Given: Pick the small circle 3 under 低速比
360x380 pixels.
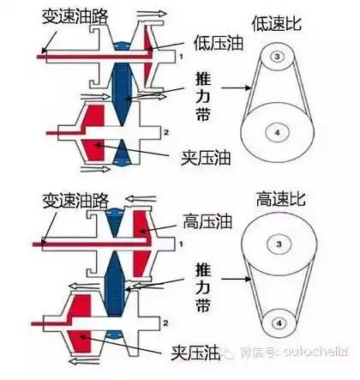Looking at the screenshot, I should click(277, 56).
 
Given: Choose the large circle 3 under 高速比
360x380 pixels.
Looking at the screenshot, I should click(277, 246).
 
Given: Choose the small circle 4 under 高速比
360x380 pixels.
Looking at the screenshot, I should click(277, 323).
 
